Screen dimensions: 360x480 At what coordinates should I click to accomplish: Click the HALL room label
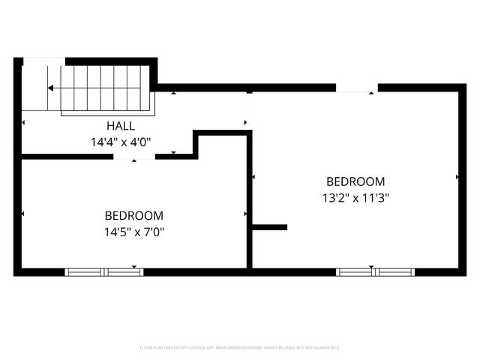[121, 125]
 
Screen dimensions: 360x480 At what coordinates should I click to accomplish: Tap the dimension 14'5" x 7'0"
[134, 232]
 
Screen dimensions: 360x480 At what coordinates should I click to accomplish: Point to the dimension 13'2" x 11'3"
[355, 198]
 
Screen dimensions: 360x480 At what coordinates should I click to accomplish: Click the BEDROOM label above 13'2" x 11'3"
[355, 181]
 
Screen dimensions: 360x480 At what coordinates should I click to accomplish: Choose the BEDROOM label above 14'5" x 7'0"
[134, 215]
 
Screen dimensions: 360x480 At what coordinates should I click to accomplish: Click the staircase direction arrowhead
[50, 88]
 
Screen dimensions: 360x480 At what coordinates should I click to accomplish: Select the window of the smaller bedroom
[104, 271]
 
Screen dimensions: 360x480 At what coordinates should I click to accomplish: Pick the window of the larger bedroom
[375, 271]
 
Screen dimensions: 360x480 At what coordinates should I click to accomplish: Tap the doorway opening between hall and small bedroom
[134, 157]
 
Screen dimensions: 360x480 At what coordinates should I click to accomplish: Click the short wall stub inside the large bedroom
[270, 226]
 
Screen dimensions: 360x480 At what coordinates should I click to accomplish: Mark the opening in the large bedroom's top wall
[356, 88]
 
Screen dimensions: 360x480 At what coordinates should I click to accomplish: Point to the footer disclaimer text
[240, 348]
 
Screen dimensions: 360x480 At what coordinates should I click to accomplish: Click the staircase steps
[105, 88]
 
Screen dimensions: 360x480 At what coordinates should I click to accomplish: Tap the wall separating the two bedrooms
[250, 202]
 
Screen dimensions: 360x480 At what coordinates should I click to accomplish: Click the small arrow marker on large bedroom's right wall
[457, 177]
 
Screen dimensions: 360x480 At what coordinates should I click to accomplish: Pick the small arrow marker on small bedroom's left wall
[23, 214]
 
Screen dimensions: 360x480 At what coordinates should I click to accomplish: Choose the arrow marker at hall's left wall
[23, 121]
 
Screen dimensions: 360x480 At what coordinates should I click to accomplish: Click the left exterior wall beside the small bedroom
[17, 214]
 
